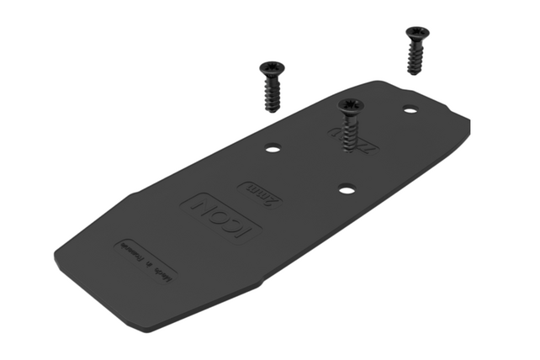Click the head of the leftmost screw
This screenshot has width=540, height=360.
point(272,68)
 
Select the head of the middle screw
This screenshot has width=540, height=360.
point(349,104)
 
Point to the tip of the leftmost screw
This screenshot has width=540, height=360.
point(271,109)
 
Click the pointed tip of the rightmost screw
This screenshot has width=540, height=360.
point(415,74)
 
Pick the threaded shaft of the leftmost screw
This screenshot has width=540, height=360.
point(272,91)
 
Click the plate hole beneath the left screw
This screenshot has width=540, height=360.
point(273,149)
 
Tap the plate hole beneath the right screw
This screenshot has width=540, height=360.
point(410,109)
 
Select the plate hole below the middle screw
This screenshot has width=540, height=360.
point(347,188)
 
